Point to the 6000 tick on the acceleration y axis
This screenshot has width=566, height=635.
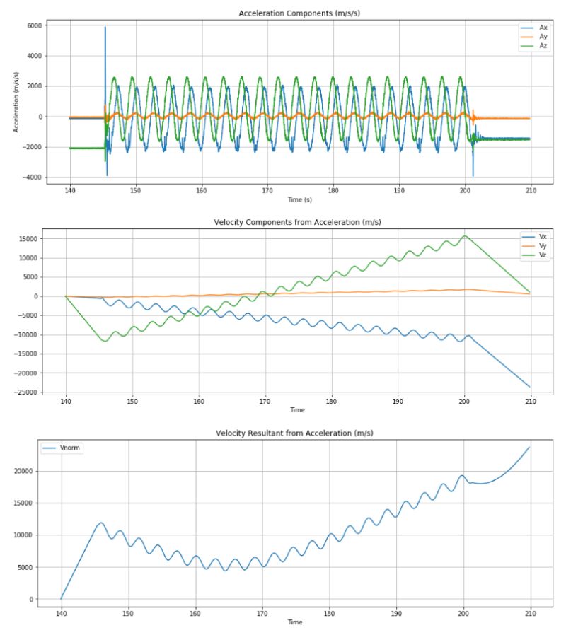[33, 25]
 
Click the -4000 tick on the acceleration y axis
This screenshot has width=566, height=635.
[30, 177]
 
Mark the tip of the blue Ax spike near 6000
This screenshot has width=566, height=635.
[105, 28]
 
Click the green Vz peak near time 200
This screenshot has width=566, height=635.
[464, 236]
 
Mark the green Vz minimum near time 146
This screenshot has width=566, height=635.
[105, 342]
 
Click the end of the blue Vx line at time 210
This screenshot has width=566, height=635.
[529, 387]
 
